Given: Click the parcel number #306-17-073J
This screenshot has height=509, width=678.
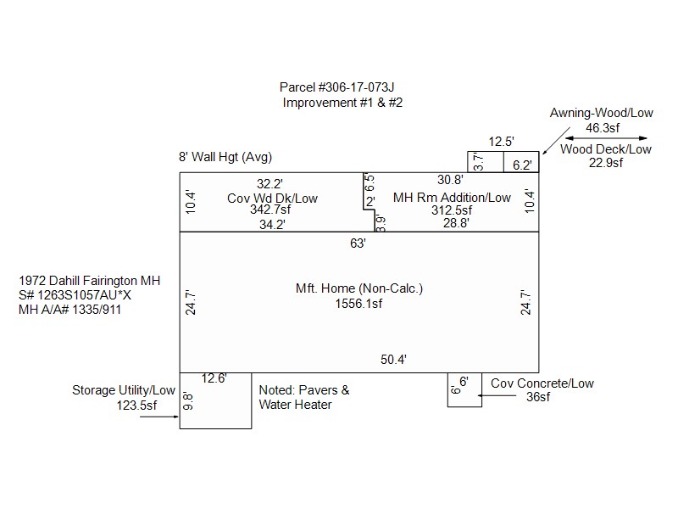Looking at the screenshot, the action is pyautogui.click(x=356, y=87).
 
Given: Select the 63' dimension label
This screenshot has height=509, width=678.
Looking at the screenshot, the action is pyautogui.click(x=358, y=243).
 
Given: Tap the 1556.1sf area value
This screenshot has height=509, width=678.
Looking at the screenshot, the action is pyautogui.click(x=358, y=304).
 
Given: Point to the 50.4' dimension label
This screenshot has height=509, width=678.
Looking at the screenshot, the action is pyautogui.click(x=393, y=360).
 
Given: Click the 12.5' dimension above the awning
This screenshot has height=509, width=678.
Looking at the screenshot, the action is pyautogui.click(x=501, y=142).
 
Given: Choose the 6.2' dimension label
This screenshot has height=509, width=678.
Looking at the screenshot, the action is pyautogui.click(x=522, y=165).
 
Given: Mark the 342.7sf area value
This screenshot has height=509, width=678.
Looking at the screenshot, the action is pyautogui.click(x=270, y=210).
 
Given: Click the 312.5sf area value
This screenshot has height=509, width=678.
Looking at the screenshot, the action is pyautogui.click(x=452, y=210).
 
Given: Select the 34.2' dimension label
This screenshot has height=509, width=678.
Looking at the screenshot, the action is pyautogui.click(x=272, y=225).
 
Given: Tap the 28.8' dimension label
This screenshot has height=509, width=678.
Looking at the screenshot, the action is pyautogui.click(x=456, y=223).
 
